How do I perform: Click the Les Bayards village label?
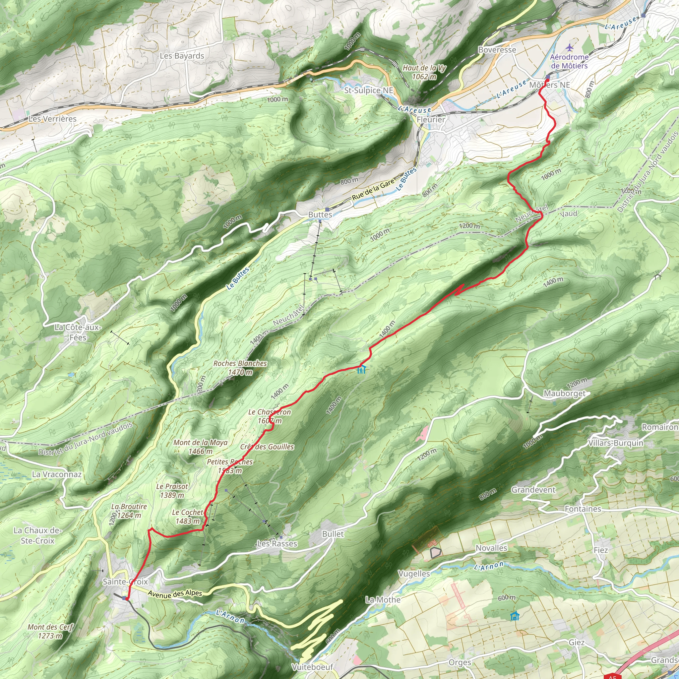click(x=182, y=56)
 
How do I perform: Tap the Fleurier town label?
click(x=431, y=119)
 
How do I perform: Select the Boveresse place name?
click(x=497, y=50)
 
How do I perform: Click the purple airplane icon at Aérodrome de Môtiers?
click(x=569, y=47)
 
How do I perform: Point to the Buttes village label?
click(x=320, y=215)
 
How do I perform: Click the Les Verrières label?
click(x=52, y=119)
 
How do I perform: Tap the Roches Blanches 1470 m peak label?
click(x=240, y=368)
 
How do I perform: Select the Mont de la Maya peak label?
click(x=200, y=447)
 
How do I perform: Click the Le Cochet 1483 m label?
click(x=188, y=517)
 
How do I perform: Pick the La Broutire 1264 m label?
click(x=129, y=511)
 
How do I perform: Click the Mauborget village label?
click(x=564, y=394)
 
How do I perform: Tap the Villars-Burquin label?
click(x=616, y=443)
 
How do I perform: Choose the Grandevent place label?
click(x=533, y=490)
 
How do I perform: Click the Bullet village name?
click(x=333, y=534)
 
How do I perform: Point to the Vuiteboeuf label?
click(x=312, y=667)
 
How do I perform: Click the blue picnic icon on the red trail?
click(x=361, y=370)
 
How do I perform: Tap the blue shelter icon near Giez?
click(x=515, y=616)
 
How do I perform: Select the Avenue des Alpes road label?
click(x=175, y=593)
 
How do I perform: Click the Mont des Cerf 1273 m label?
click(x=50, y=631)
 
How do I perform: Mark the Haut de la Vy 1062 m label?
click(x=424, y=72)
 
